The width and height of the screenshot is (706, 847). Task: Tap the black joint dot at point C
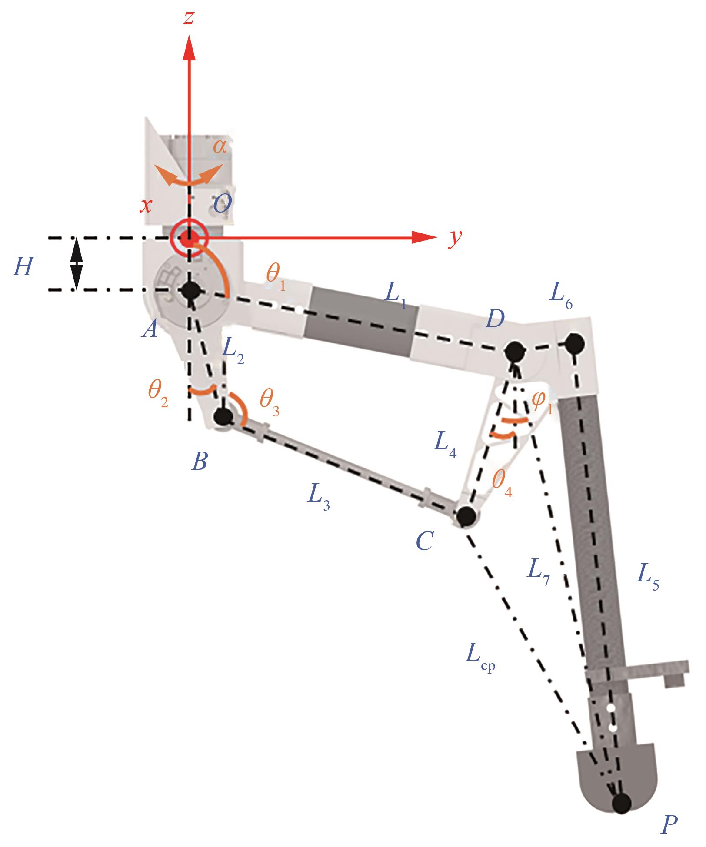466,516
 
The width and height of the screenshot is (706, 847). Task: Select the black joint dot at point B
224,416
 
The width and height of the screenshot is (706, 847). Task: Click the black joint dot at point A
190,290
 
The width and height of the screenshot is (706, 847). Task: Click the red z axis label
188,18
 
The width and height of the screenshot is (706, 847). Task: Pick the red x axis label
145,205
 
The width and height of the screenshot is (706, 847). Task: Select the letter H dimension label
23,266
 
